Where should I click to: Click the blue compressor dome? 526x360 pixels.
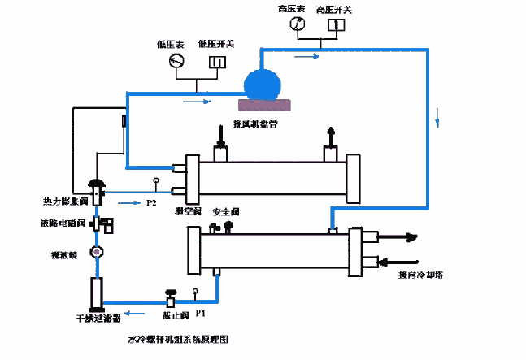click(263, 83)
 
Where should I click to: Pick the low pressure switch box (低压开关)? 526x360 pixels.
click(215, 62)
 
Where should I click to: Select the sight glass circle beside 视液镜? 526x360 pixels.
click(97, 253)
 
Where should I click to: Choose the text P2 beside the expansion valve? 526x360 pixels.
click(150, 202)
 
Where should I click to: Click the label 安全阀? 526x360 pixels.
click(225, 211)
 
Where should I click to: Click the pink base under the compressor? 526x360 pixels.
click(264, 104)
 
